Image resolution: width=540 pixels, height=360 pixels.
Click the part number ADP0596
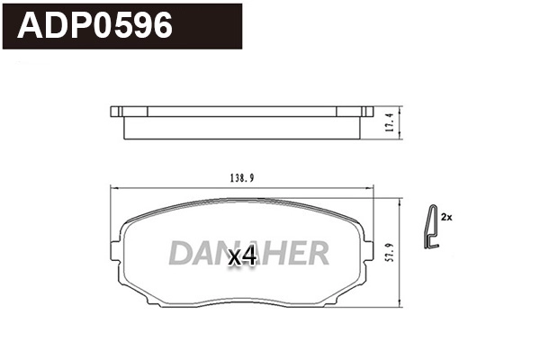[94, 26]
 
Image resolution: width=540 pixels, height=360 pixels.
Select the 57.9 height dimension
[389, 251]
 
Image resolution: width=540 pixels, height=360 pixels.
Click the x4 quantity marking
[243, 256]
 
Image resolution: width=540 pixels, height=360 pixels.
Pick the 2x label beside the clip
[447, 218]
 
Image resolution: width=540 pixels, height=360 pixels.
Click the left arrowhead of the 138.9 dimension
[111, 187]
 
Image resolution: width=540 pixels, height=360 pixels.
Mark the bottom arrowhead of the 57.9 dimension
[399, 307]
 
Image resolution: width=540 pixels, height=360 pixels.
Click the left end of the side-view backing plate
[113, 112]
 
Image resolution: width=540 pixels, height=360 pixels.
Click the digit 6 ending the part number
[159, 26]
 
